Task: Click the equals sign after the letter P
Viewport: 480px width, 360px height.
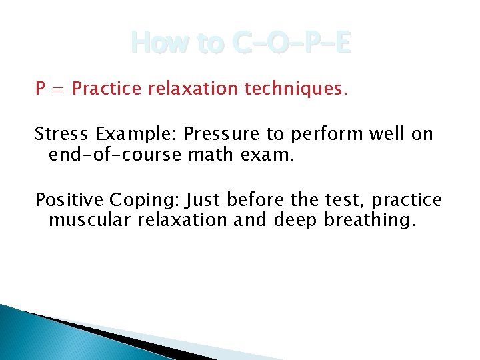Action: pyautogui.click(x=57, y=89)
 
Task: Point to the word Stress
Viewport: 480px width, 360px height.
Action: pyautogui.click(x=62, y=134)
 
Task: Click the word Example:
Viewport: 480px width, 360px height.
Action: pyautogui.click(x=137, y=135)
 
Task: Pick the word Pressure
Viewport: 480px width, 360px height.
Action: pyautogui.click(x=223, y=135)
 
